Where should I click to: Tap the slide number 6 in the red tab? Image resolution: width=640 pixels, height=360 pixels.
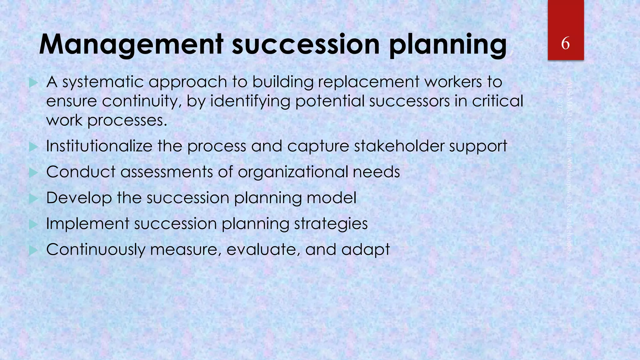[x=565, y=43]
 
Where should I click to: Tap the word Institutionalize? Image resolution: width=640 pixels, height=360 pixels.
[x=99, y=146]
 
